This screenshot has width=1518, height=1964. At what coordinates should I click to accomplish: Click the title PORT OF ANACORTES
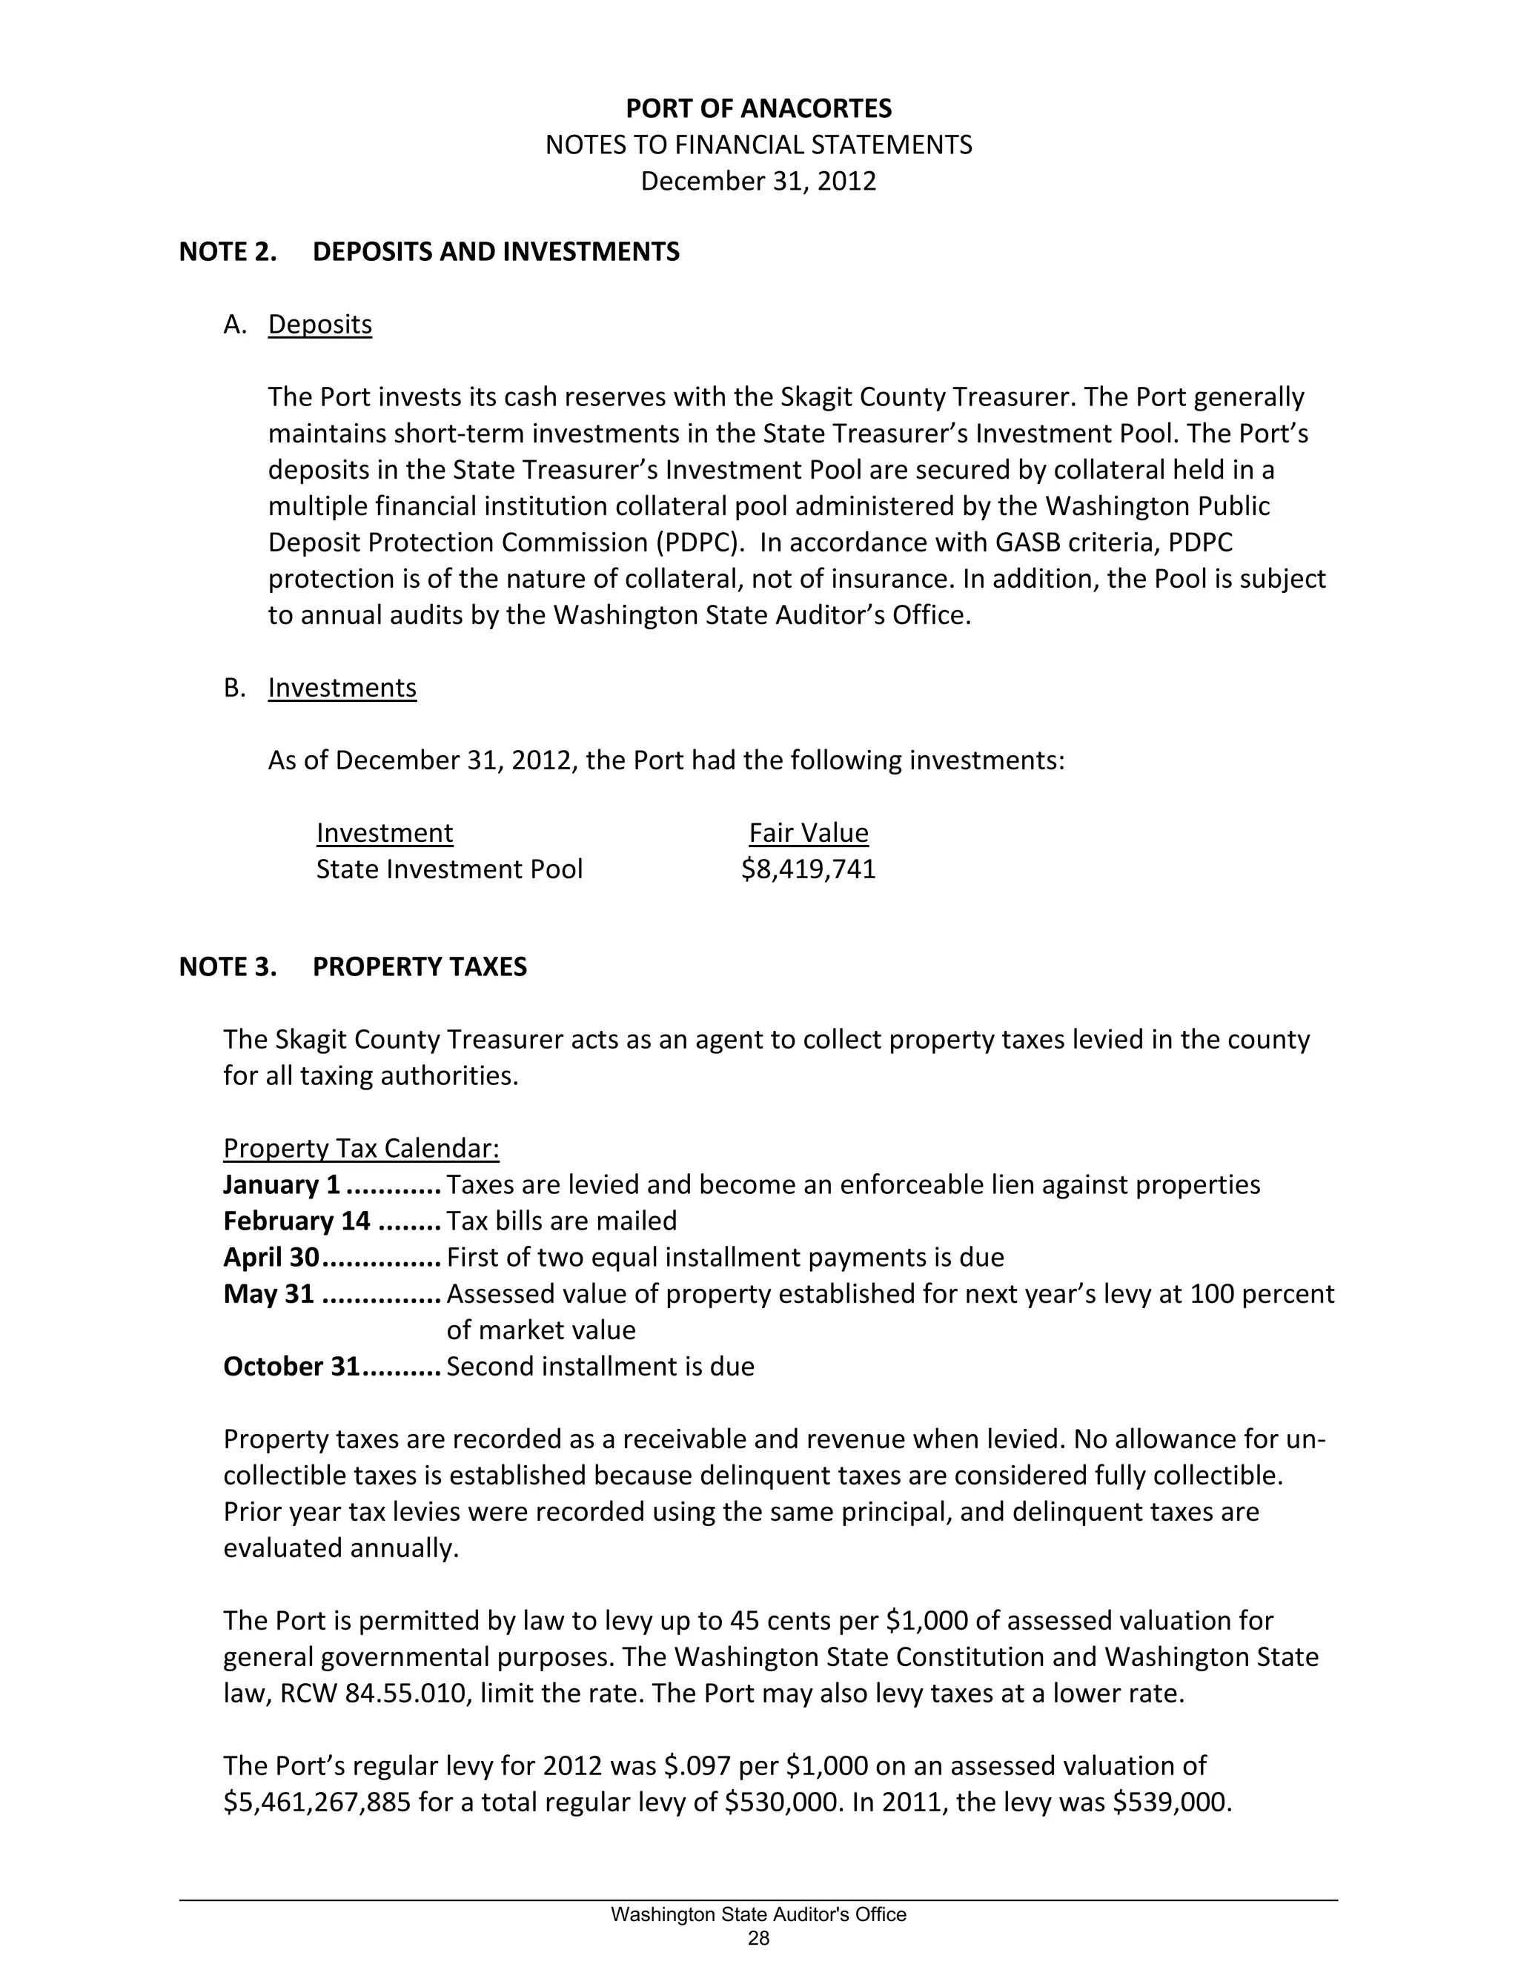758,109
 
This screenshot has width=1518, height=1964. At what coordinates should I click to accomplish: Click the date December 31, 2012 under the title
758,182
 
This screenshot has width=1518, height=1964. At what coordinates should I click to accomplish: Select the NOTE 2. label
228,252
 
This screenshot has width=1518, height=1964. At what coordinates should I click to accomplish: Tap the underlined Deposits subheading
319,325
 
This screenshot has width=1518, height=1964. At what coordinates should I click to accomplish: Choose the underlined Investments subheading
342,688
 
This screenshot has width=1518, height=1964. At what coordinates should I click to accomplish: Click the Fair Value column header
809,834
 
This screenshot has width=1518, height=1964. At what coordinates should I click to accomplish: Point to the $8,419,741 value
809,869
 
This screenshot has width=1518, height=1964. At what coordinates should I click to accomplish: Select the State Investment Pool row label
448,869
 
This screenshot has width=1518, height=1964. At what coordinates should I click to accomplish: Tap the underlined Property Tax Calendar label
361,1148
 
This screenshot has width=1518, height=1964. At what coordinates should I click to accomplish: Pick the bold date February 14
296,1221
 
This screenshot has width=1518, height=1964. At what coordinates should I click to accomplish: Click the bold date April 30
271,1257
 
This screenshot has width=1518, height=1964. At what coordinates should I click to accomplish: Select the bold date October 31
291,1366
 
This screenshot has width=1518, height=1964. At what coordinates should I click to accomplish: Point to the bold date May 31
269,1294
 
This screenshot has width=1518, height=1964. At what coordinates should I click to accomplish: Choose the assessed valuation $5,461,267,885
316,1802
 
